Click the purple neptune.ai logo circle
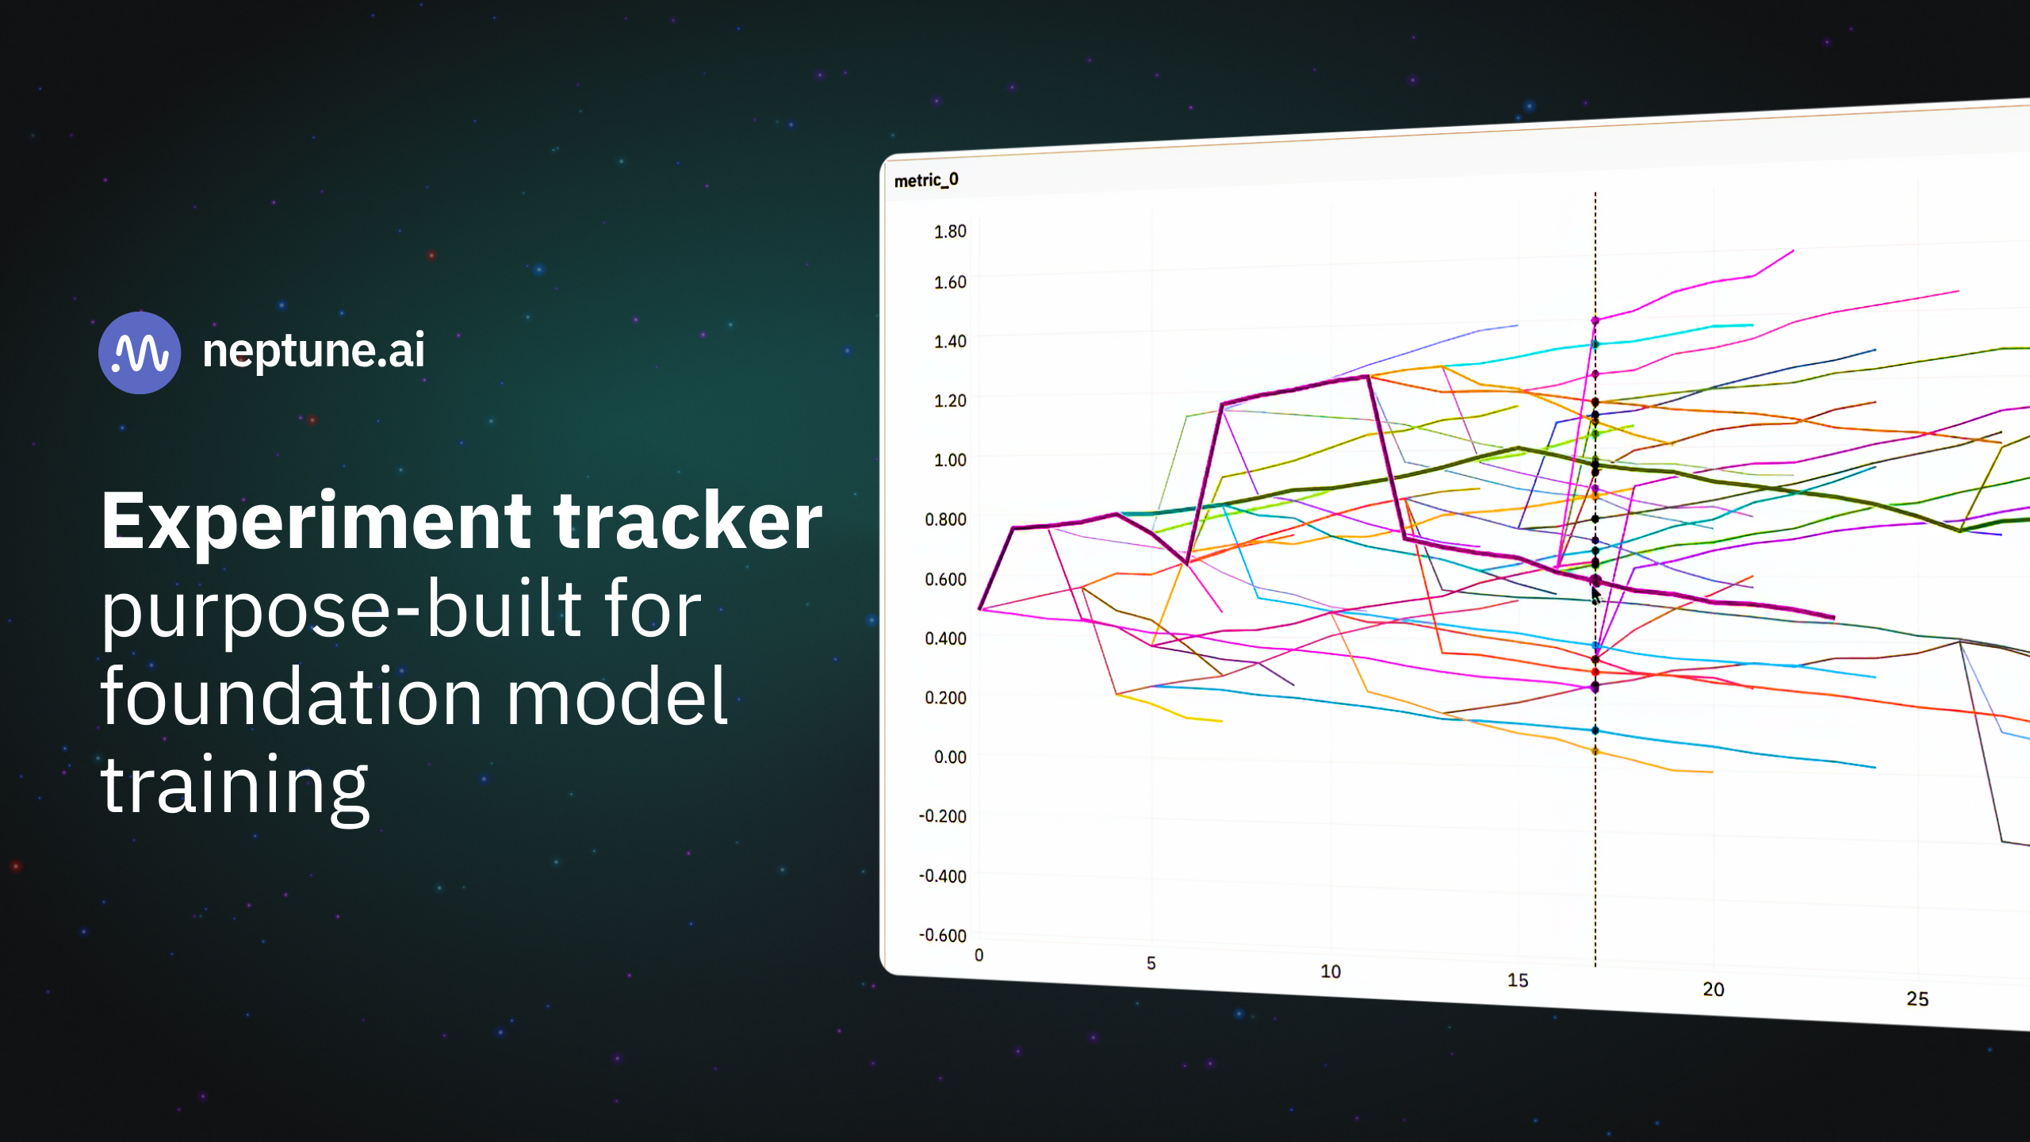tap(140, 352)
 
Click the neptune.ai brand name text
tap(314, 351)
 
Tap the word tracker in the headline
tap(688, 521)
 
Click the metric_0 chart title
tap(926, 180)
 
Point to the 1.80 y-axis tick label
tap(950, 231)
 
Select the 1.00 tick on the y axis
tap(950, 460)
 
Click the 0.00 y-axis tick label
tap(950, 757)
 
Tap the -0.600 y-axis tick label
tap(942, 935)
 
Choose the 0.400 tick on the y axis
tap(945, 638)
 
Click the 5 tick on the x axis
tap(1151, 964)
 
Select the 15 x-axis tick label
tap(1518, 980)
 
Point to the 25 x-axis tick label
tap(1917, 998)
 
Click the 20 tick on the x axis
tap(1714, 989)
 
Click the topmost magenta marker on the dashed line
tap(1595, 320)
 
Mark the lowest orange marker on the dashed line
tap(1595, 751)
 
